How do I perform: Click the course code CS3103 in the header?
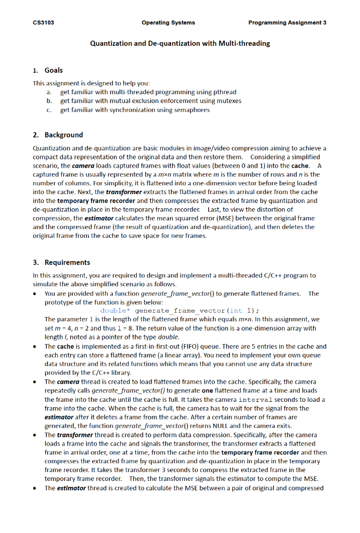coord(43,23)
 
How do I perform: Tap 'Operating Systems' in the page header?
coord(168,23)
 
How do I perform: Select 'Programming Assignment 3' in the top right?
coord(287,23)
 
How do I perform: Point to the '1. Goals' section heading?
coord(47,70)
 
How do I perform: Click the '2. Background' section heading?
coord(57,135)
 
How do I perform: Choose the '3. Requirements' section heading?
coord(61,262)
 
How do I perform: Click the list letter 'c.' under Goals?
coord(49,110)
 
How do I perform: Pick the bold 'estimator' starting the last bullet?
coord(72,488)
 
